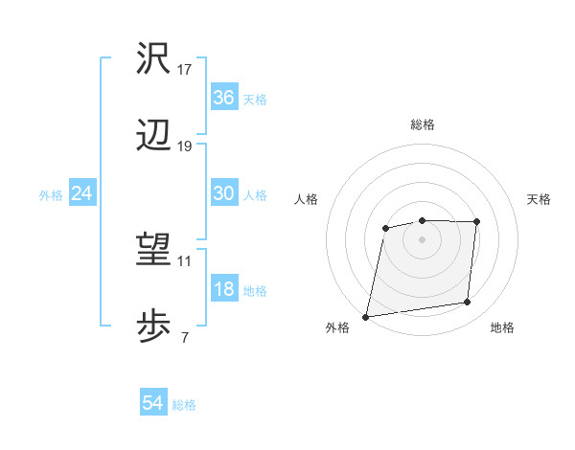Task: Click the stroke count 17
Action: point(185,69)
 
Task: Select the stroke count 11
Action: point(185,259)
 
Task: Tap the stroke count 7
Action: point(185,336)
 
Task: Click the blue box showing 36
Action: point(224,98)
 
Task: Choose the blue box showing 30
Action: point(224,193)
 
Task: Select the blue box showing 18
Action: point(224,289)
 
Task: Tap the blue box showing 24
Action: point(82,193)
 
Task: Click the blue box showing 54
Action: point(153,404)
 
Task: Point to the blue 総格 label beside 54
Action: point(184,405)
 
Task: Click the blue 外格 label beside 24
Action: point(51,194)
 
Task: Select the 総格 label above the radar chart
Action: point(422,124)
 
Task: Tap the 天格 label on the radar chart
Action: point(540,199)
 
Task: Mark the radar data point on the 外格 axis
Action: point(365,317)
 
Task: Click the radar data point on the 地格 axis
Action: point(467,303)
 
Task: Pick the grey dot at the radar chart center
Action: point(422,239)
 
